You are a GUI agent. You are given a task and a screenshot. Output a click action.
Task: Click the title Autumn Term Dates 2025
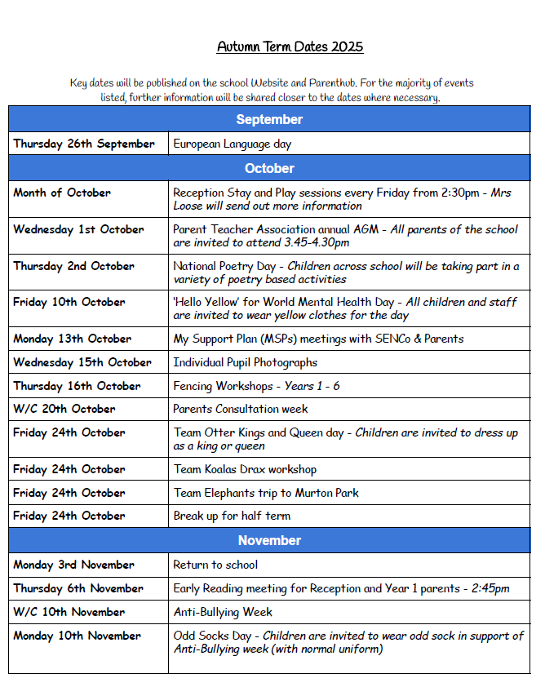(290, 47)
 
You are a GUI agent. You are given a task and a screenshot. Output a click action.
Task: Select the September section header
(269, 120)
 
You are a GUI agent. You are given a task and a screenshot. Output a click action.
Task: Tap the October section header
(269, 169)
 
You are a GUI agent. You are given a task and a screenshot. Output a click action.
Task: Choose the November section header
(269, 541)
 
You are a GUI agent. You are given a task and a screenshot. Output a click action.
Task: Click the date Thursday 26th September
(83, 144)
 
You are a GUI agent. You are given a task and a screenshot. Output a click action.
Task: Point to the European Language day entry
(232, 144)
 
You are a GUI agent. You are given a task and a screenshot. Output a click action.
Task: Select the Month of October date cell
(62, 193)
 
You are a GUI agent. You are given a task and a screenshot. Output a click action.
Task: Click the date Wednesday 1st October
(78, 229)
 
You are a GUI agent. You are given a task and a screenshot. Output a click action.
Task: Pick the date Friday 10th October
(69, 302)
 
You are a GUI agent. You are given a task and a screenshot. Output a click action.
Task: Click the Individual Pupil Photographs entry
(245, 362)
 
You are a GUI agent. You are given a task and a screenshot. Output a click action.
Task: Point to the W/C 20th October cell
(64, 409)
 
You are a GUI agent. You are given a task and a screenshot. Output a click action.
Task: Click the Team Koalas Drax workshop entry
(245, 469)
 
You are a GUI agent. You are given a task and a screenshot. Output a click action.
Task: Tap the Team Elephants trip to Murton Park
(266, 493)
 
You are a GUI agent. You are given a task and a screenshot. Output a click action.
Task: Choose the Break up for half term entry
(232, 516)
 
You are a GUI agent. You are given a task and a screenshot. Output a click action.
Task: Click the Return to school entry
(215, 565)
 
